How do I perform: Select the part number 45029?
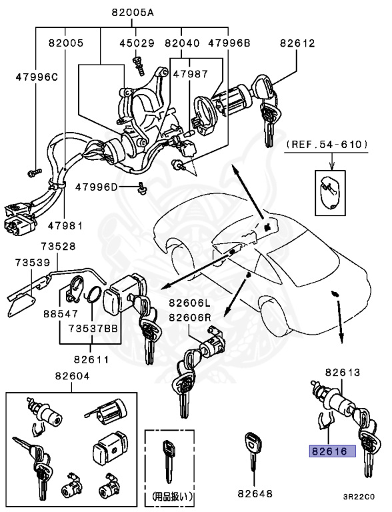point(137,43)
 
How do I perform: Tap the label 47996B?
point(229,43)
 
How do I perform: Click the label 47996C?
point(37,77)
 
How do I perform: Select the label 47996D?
point(96,187)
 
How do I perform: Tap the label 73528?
point(66,246)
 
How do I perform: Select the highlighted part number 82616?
point(331,451)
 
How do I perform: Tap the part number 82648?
point(255,494)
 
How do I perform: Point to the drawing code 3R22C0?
point(359,497)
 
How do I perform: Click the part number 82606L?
point(190,303)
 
